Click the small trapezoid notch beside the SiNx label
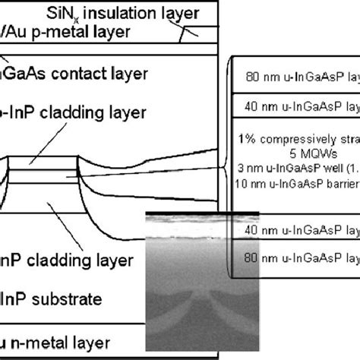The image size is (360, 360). [x=190, y=32]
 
